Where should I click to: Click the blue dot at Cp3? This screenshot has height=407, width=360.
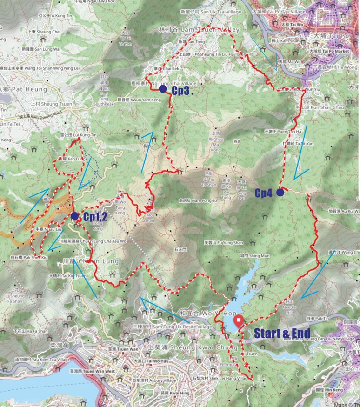click(x=162, y=89)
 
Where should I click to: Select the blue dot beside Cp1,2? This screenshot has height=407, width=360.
click(x=74, y=215)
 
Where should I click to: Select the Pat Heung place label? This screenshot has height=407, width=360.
click(x=24, y=88)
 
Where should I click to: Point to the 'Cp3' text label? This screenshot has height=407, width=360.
click(x=180, y=91)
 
